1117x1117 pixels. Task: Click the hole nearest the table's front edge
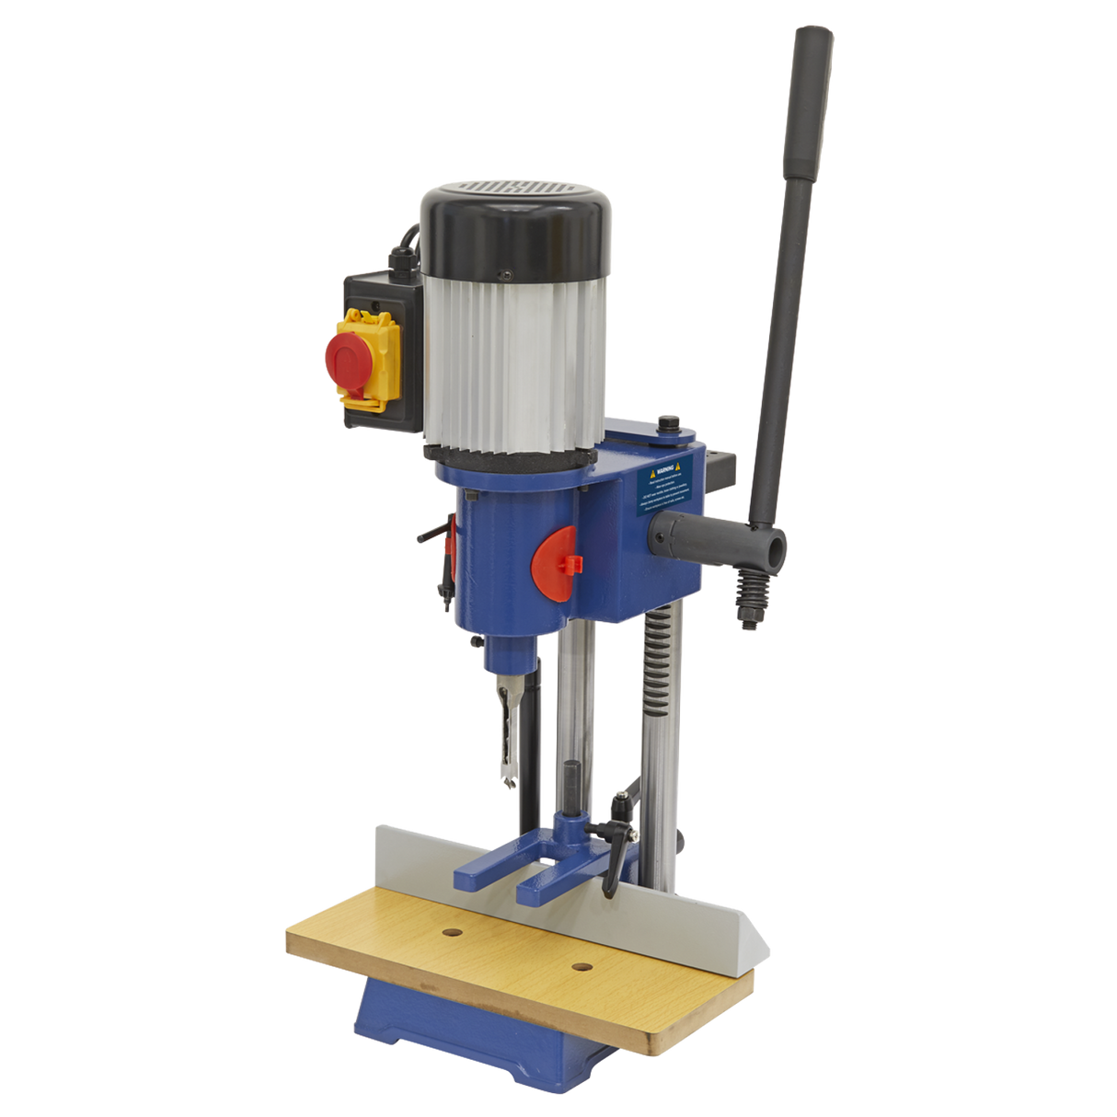581,967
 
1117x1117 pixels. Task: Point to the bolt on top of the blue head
666,427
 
